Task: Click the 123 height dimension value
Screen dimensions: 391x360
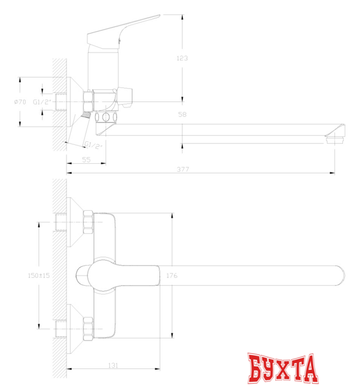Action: pyautogui.click(x=181, y=58)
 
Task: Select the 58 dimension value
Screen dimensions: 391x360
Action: pyautogui.click(x=182, y=115)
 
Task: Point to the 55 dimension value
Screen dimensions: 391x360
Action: pyautogui.click(x=85, y=159)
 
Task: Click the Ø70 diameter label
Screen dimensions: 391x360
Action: pyautogui.click(x=20, y=102)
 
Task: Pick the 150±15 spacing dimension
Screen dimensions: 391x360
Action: pyautogui.click(x=38, y=276)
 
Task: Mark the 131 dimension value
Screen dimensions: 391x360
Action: pyautogui.click(x=113, y=365)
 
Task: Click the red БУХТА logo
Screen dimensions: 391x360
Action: pyautogui.click(x=284, y=367)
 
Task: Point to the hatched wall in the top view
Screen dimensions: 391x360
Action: pyautogui.click(x=59, y=275)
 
